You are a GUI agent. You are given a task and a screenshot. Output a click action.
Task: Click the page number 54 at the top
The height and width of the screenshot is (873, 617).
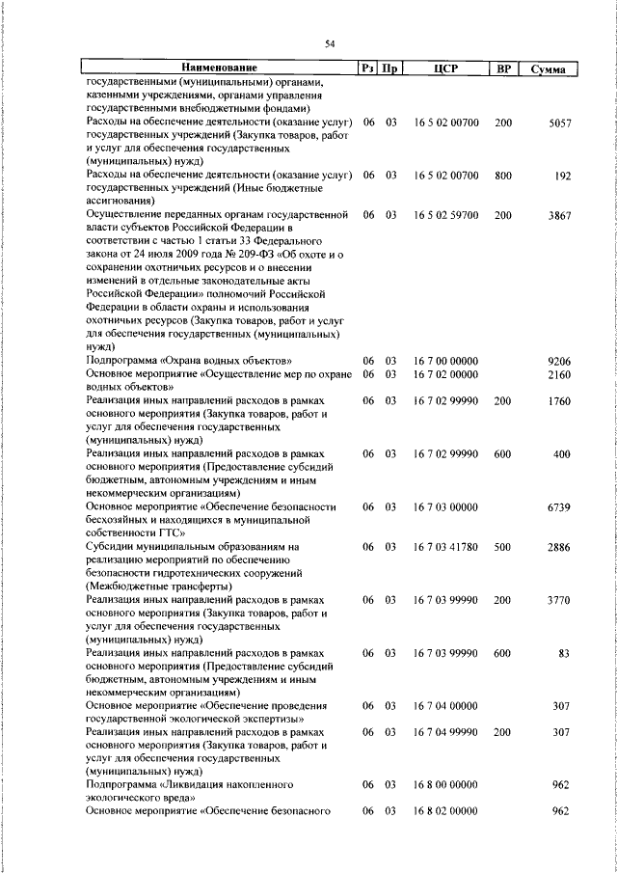coord(329,43)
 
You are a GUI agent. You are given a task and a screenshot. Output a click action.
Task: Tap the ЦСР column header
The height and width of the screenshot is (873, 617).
coord(444,68)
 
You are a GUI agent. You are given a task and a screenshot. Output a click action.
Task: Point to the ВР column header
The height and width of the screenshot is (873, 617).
coord(502,68)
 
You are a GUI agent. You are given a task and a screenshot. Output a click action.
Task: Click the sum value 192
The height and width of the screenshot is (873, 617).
coord(564,177)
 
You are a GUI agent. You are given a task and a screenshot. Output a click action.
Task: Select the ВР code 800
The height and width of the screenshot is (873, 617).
coord(503,177)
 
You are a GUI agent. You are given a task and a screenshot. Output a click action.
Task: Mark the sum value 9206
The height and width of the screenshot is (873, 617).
coord(560,361)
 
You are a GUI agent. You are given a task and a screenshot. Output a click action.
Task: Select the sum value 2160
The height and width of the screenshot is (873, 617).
coord(560,374)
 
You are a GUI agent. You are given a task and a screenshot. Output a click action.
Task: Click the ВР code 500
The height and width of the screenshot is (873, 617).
coord(503,546)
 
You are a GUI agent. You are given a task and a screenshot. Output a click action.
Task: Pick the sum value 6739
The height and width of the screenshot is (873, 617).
coord(560,506)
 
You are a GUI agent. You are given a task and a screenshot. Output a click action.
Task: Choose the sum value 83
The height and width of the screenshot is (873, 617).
coord(564,653)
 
